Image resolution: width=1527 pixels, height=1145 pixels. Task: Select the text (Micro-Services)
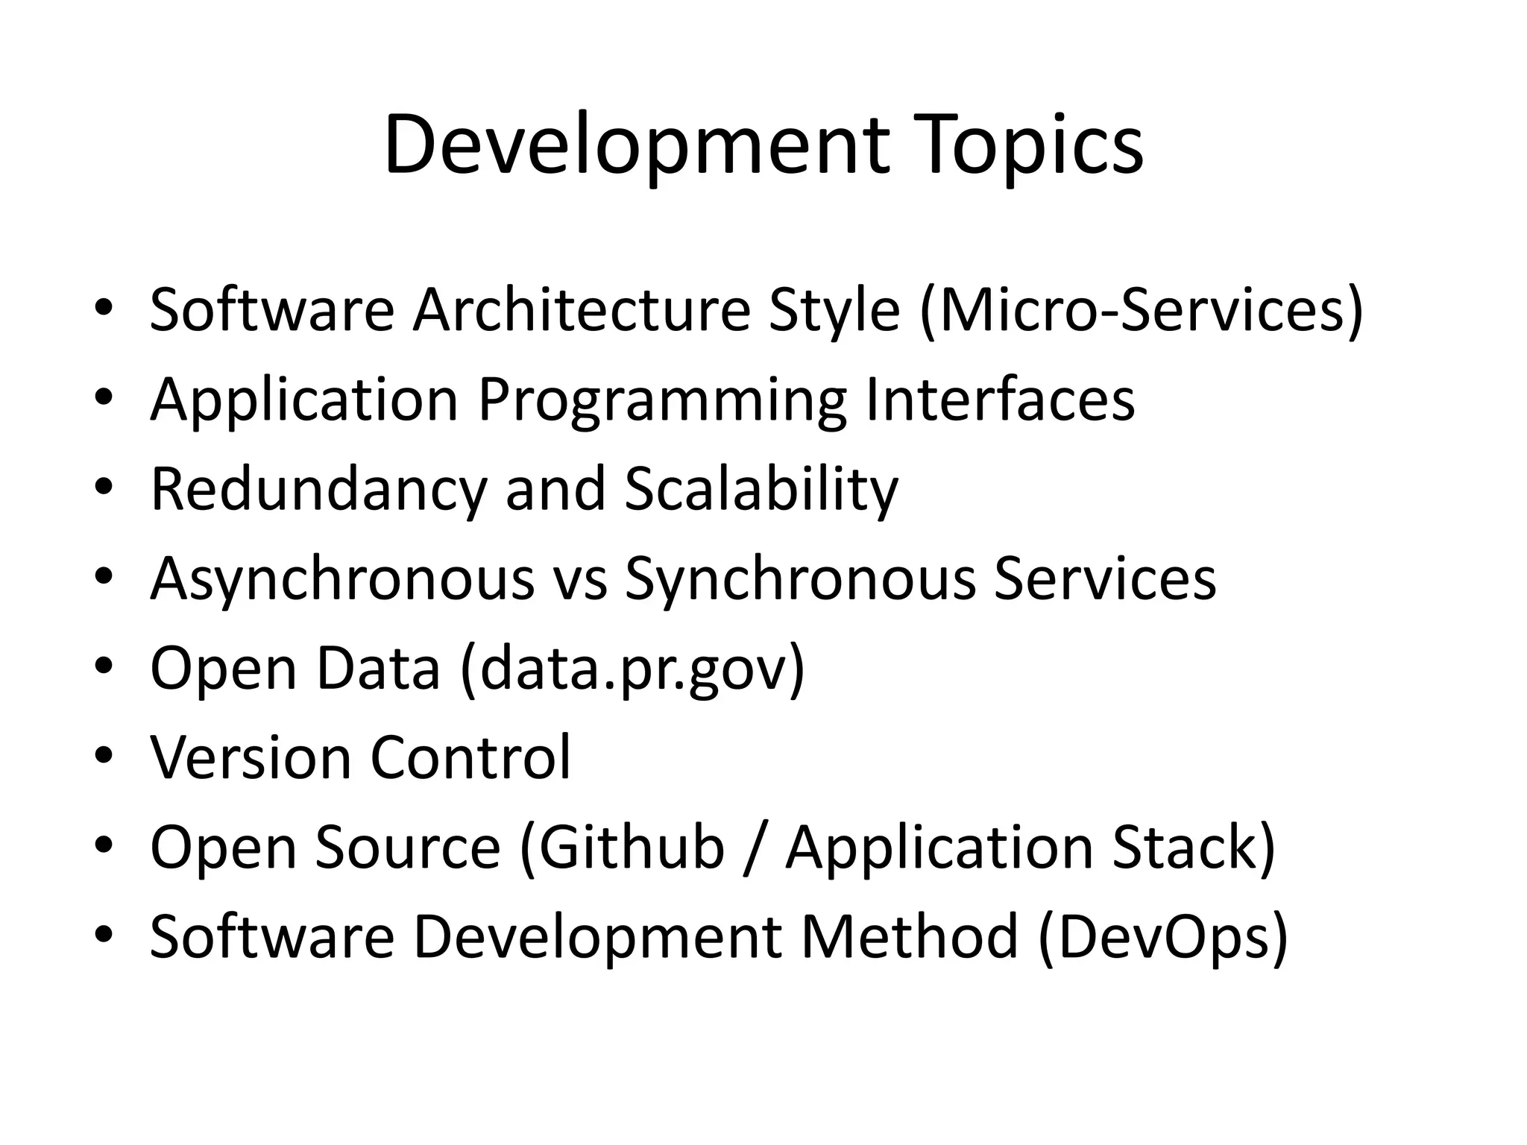(x=1142, y=309)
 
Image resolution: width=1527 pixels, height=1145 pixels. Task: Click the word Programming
(x=662, y=400)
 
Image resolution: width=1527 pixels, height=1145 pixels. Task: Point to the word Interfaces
(x=1000, y=400)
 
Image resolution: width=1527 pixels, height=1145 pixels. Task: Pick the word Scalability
(x=761, y=489)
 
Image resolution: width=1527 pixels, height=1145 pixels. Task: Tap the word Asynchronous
(x=342, y=578)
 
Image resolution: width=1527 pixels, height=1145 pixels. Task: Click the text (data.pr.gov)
(x=633, y=668)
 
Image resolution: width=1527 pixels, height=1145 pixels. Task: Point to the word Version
(x=251, y=757)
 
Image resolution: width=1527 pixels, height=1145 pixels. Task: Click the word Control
(x=470, y=757)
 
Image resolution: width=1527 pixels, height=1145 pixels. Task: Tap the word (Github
(x=622, y=847)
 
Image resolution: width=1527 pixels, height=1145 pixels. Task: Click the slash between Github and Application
(x=755, y=847)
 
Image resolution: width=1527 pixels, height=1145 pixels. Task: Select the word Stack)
(x=1194, y=847)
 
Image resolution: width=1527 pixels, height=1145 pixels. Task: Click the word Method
(x=910, y=936)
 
